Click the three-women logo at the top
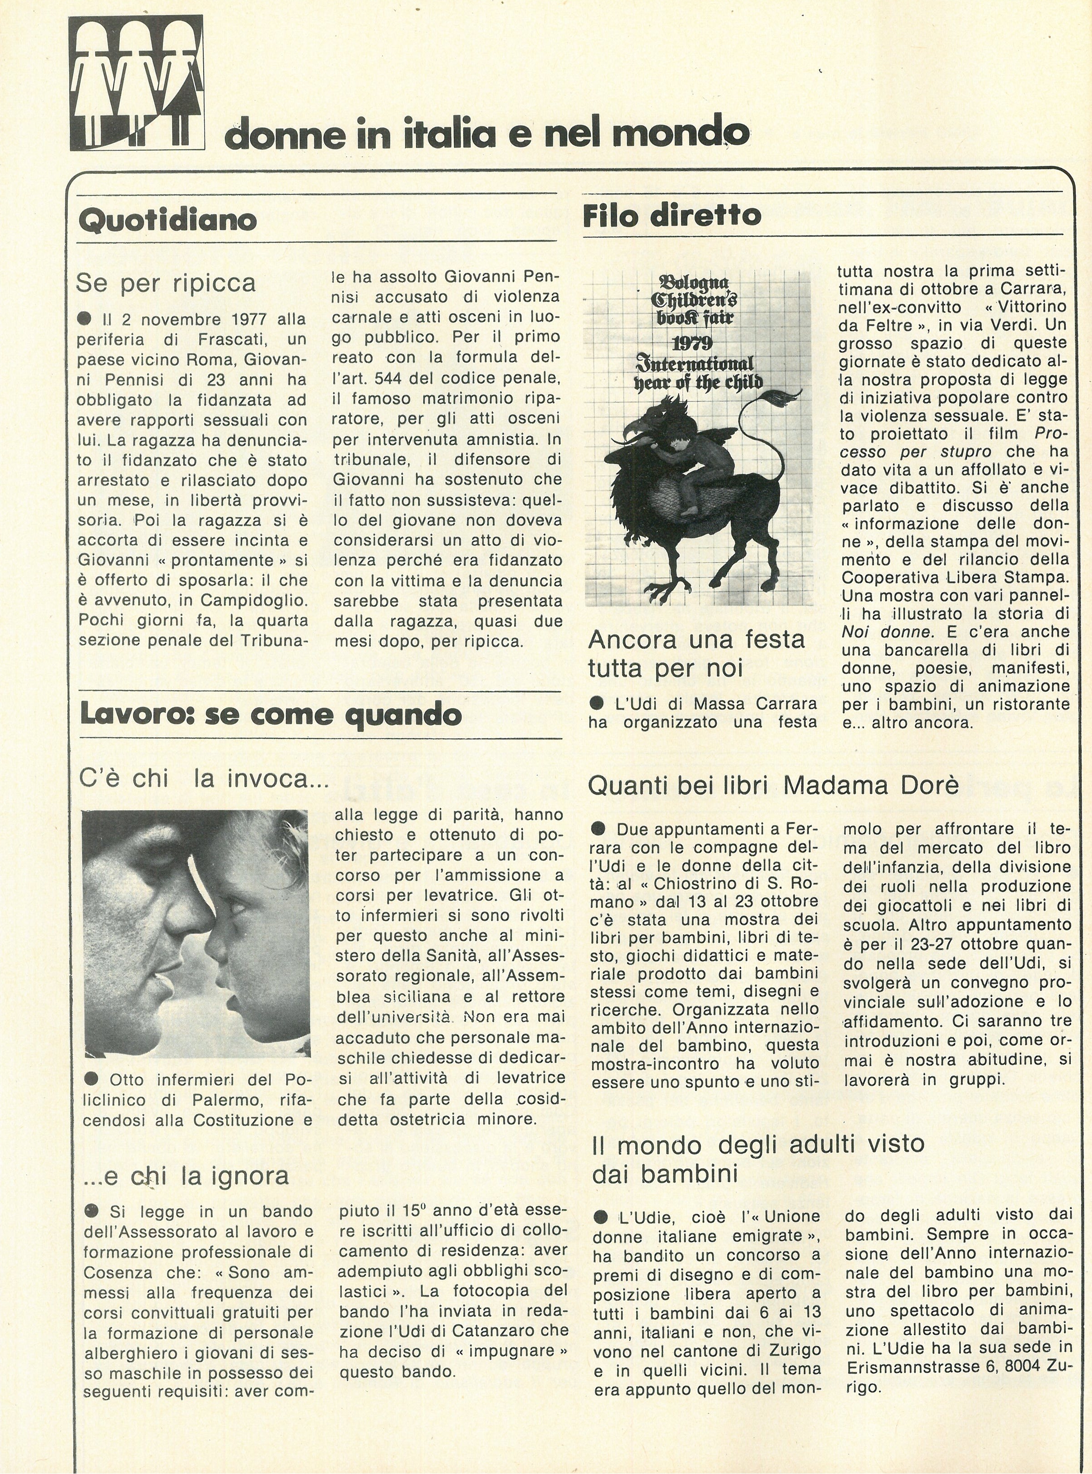137,83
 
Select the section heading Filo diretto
672,215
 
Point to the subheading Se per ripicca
166,283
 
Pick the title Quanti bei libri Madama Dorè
773,785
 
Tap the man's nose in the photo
191,922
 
